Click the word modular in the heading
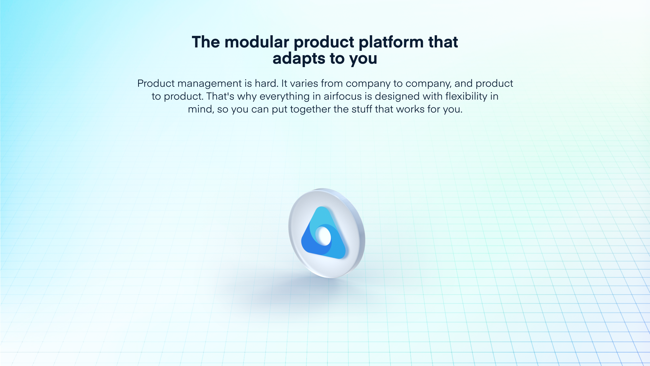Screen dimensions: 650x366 point(257,42)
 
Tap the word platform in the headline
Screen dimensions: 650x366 point(391,42)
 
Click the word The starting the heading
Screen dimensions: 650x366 point(206,42)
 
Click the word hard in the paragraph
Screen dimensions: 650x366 point(266,83)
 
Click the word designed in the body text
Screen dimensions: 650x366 point(397,97)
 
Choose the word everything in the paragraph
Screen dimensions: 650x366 point(284,97)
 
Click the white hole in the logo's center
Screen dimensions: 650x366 point(323,236)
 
